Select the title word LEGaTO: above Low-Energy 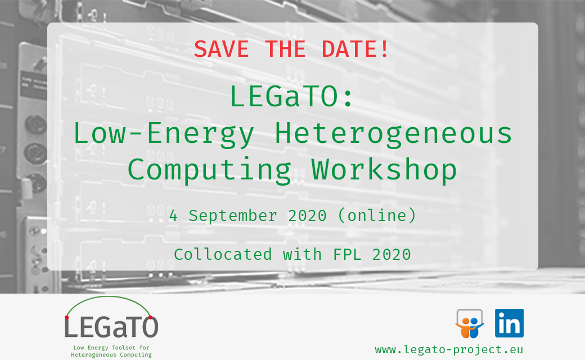click(x=292, y=97)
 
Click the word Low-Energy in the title click(x=164, y=134)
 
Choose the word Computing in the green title click(x=209, y=169)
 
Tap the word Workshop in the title click(x=384, y=169)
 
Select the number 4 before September click(x=173, y=215)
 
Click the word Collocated click(x=223, y=254)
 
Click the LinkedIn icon click(x=509, y=323)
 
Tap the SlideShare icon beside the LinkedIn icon click(x=469, y=324)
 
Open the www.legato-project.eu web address click(x=449, y=349)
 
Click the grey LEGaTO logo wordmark click(x=111, y=327)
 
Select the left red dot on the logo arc click(x=67, y=318)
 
